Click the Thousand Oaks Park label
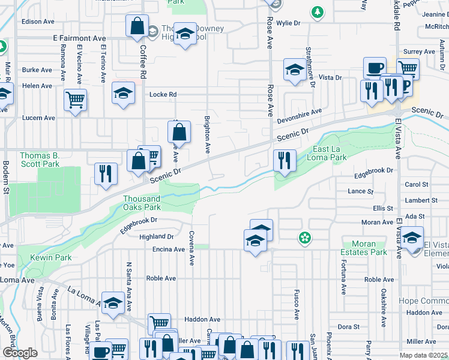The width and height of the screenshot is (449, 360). coord(142,203)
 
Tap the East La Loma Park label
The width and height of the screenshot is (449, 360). coord(330,153)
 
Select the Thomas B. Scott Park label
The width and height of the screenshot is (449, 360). coord(40,159)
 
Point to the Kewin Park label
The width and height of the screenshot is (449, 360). coord(53,257)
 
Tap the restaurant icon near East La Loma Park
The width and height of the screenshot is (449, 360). coord(283,160)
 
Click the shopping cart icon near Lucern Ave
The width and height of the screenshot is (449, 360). coord(76,100)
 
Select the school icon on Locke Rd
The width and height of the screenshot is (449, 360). coord(123,93)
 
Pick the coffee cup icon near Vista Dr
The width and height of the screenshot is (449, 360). coord(375,68)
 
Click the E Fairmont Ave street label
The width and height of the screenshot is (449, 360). coord(79,38)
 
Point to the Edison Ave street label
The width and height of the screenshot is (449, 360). coord(38,22)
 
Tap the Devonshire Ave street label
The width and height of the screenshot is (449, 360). coord(300,115)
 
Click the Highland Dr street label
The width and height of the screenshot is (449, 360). coord(156,237)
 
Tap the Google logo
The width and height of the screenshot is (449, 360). coord(20,353)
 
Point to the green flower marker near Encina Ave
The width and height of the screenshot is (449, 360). coord(305,238)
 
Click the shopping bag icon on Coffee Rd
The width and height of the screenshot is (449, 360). coord(137,26)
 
